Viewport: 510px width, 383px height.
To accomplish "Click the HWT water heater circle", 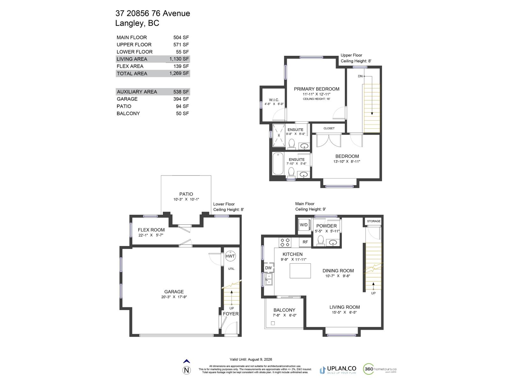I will (x=230, y=256).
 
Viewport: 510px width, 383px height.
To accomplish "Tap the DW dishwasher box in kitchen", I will (x=268, y=268).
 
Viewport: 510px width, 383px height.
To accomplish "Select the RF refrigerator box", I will (x=305, y=242).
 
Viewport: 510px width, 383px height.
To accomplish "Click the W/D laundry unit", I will (x=303, y=225).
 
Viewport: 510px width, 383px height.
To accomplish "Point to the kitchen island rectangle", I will (x=300, y=271).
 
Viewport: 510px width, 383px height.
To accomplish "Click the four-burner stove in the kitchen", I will (x=285, y=242).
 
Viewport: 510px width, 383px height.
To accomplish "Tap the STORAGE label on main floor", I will (x=374, y=221).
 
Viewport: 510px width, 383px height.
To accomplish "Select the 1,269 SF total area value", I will (x=179, y=73).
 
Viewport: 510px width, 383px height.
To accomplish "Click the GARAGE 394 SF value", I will (x=181, y=99).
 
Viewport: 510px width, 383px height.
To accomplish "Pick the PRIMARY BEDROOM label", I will (x=317, y=89).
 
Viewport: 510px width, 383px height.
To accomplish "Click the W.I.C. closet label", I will (x=274, y=100).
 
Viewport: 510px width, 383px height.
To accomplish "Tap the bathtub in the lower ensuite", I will (x=278, y=163).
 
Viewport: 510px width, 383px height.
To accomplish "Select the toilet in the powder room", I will (x=321, y=240).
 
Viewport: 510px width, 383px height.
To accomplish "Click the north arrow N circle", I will (x=187, y=370).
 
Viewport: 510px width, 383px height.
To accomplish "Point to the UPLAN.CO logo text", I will (x=341, y=369).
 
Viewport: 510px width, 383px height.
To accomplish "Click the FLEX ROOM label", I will (x=151, y=230).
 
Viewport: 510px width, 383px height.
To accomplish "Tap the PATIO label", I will (x=186, y=194).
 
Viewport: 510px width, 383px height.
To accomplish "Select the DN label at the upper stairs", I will (x=360, y=76).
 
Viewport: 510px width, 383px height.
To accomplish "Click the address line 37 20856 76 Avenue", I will (x=153, y=13).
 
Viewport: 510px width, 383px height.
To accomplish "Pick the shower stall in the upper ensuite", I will (x=279, y=135).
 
